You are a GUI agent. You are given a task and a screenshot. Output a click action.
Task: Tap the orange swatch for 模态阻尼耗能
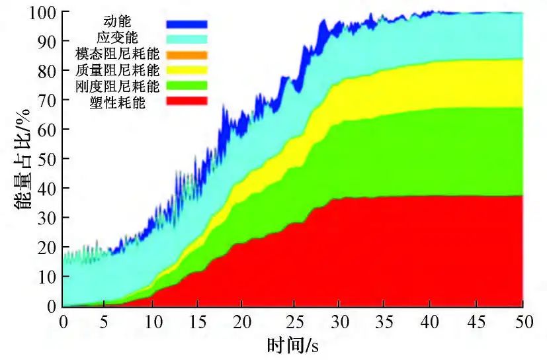(187, 54)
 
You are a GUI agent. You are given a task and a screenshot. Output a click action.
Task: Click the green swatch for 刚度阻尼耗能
(187, 85)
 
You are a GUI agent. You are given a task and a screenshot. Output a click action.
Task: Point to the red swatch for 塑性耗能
(187, 101)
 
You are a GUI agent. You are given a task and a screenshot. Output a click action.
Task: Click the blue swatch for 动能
(187, 24)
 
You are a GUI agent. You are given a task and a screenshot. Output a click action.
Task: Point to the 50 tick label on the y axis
(47, 159)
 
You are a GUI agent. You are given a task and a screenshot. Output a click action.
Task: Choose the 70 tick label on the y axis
(47, 100)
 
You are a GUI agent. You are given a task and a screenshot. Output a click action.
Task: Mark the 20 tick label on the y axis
(47, 247)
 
